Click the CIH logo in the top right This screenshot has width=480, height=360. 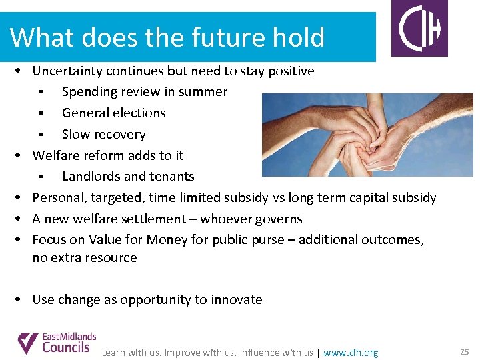pyautogui.click(x=423, y=29)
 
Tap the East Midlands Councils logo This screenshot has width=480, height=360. pyautogui.click(x=57, y=343)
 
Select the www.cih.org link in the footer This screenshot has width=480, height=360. pyautogui.click(x=350, y=353)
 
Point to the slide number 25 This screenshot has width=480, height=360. pyautogui.click(x=464, y=351)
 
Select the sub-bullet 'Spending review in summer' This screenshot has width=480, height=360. pyautogui.click(x=145, y=92)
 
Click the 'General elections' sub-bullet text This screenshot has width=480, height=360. pyautogui.click(x=113, y=113)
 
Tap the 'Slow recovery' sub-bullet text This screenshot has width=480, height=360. pyautogui.click(x=103, y=135)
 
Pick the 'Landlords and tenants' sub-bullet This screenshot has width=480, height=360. pyautogui.click(x=128, y=177)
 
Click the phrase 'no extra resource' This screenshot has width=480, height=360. pyautogui.click(x=85, y=258)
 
